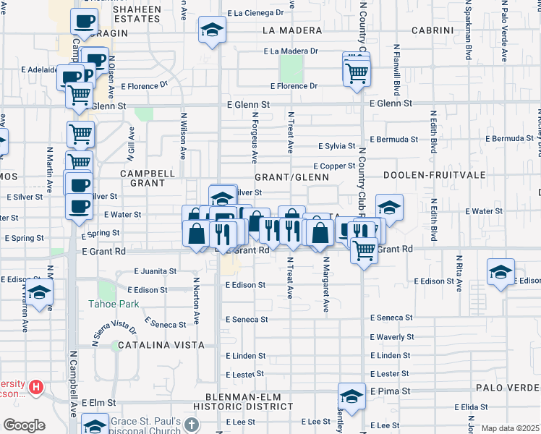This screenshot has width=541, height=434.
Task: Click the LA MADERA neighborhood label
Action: pyautogui.click(x=291, y=30)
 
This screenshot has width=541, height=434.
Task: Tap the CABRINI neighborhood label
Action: pyautogui.click(x=432, y=30)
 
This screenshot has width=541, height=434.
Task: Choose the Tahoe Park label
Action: pyautogui.click(x=108, y=304)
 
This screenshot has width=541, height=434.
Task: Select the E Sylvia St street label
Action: pyautogui.click(x=339, y=146)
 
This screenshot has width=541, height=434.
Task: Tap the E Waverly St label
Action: pyautogui.click(x=391, y=337)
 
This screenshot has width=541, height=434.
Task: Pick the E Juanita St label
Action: pyautogui.click(x=156, y=271)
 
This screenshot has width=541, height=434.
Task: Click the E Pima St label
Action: pyautogui.click(x=391, y=391)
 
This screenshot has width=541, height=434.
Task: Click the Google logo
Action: pyautogui.click(x=24, y=425)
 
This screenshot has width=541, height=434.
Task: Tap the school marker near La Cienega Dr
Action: pyautogui.click(x=212, y=30)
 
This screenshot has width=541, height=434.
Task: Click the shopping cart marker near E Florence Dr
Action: pyautogui.click(x=357, y=71)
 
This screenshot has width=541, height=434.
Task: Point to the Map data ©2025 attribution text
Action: pyautogui.click(x=510, y=428)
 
